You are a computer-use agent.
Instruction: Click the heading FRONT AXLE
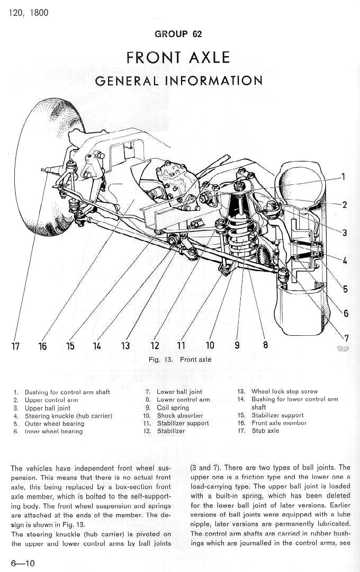pyautogui.click(x=178, y=57)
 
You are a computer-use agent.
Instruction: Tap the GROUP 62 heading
pyautogui.click(x=178, y=34)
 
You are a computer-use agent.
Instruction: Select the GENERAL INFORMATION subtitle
pyautogui.click(x=178, y=81)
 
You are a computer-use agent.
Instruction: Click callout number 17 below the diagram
pyautogui.click(x=15, y=346)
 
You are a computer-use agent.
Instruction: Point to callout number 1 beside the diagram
pyautogui.click(x=343, y=177)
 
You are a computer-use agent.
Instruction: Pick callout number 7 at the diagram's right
pyautogui.click(x=346, y=338)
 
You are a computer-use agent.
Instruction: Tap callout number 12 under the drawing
pyautogui.click(x=155, y=346)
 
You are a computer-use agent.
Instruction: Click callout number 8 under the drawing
pyautogui.click(x=265, y=345)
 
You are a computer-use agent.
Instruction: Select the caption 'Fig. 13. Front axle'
pyautogui.click(x=179, y=359)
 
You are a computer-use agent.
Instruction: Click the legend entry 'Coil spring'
pyautogui.click(x=173, y=408)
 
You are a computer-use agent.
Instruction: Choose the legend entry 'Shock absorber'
pyautogui.click(x=179, y=416)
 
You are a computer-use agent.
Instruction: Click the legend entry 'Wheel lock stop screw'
pyautogui.click(x=284, y=392)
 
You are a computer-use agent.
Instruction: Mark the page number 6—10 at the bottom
pyautogui.click(x=22, y=562)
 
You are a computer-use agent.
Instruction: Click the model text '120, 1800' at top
pyautogui.click(x=29, y=12)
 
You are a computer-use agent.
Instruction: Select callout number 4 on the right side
pyautogui.click(x=345, y=261)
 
